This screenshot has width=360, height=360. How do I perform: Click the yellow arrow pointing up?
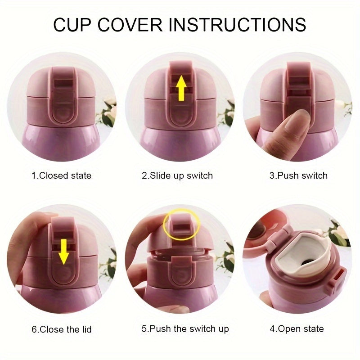click(x=181, y=88)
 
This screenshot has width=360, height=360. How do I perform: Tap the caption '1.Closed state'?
click(x=61, y=175)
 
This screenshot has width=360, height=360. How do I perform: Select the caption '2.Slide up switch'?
click(x=177, y=175)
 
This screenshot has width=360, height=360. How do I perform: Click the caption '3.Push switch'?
click(x=298, y=175)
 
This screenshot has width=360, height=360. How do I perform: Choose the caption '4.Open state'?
click(x=297, y=329)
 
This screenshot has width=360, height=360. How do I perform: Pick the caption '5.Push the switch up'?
click(x=185, y=329)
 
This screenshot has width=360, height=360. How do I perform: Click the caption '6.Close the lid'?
click(x=61, y=329)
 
